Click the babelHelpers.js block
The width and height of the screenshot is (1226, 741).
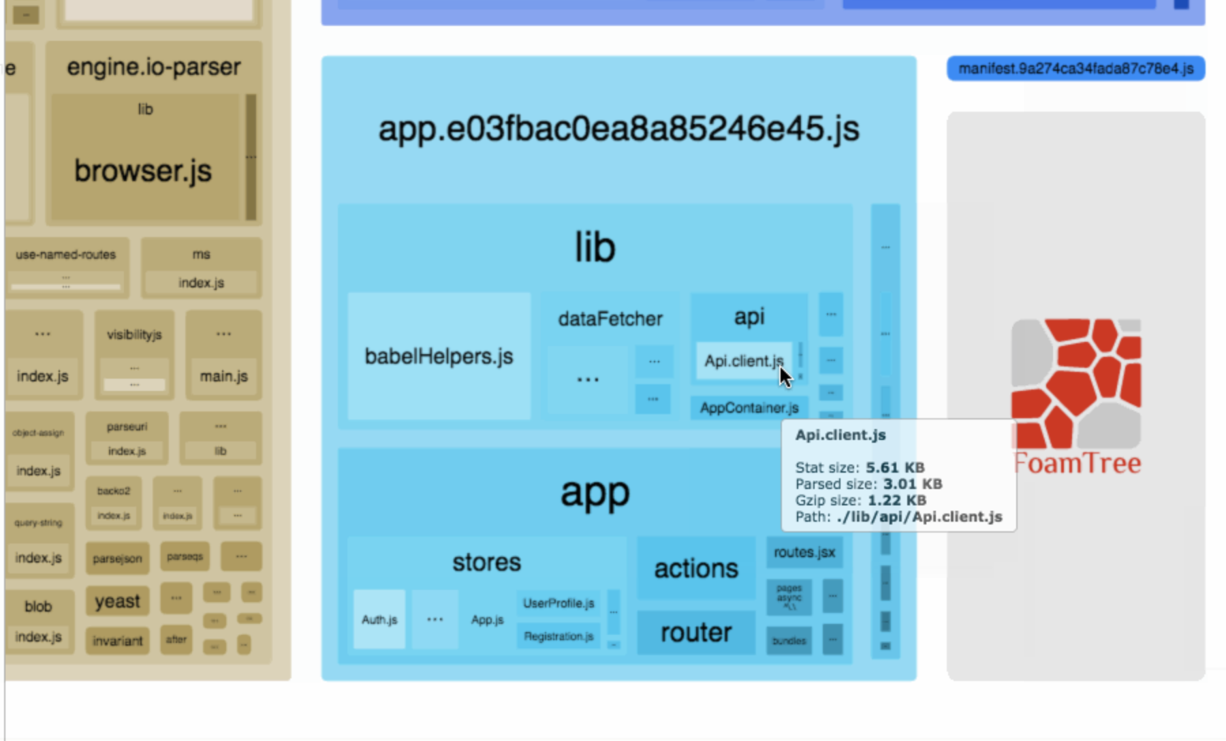[x=439, y=356]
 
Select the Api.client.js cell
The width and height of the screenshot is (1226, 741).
[x=742, y=361]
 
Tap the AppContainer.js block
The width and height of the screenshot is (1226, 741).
[x=749, y=408]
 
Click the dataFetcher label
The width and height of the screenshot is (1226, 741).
[x=610, y=319]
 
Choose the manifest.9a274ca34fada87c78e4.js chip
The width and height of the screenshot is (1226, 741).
[x=1075, y=69]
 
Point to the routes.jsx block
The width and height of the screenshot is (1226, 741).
[x=804, y=552]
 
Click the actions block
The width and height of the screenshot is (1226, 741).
[x=696, y=569]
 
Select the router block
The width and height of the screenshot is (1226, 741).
[x=696, y=633]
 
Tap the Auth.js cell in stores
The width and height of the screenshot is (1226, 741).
[x=379, y=620]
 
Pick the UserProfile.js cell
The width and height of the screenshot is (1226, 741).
[x=559, y=603]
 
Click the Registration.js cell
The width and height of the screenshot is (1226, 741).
[x=559, y=636]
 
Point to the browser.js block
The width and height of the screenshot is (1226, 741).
[x=143, y=170]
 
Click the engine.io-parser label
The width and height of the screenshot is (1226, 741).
[x=154, y=67]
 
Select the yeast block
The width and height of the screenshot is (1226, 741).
[x=117, y=601]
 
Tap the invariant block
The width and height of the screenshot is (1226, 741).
[x=117, y=641]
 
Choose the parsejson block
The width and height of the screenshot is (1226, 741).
[x=117, y=558]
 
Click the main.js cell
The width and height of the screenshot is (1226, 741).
[x=223, y=376]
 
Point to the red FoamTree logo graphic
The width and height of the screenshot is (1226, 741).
[x=1076, y=385]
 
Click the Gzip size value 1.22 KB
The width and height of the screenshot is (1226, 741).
[x=896, y=501]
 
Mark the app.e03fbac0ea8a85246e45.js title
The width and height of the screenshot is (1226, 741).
[x=618, y=129]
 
